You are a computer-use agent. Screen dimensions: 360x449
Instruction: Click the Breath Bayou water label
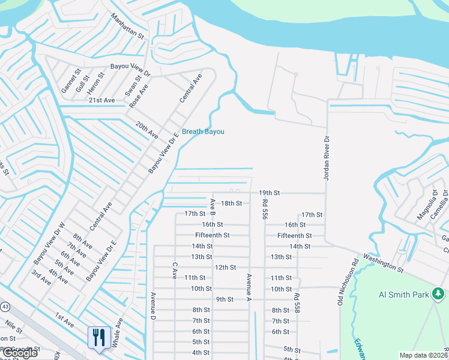pyautogui.click(x=203, y=131)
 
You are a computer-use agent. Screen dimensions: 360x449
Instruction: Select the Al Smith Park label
pyautogui.click(x=404, y=295)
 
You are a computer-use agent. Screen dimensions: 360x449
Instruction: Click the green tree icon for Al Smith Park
pyautogui.click(x=438, y=293)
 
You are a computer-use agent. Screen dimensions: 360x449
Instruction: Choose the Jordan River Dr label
pyautogui.click(x=327, y=158)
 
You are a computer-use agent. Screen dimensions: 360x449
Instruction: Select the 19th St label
pyautogui.click(x=270, y=193)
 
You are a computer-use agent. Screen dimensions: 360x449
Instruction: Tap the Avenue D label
pyautogui.click(x=154, y=304)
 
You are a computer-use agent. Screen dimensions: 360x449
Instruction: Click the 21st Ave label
pyautogui.click(x=101, y=100)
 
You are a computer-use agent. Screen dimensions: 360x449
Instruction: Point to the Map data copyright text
pyautogui.click(x=424, y=355)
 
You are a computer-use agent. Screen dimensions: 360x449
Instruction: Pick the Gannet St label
pyautogui.click(x=70, y=81)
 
